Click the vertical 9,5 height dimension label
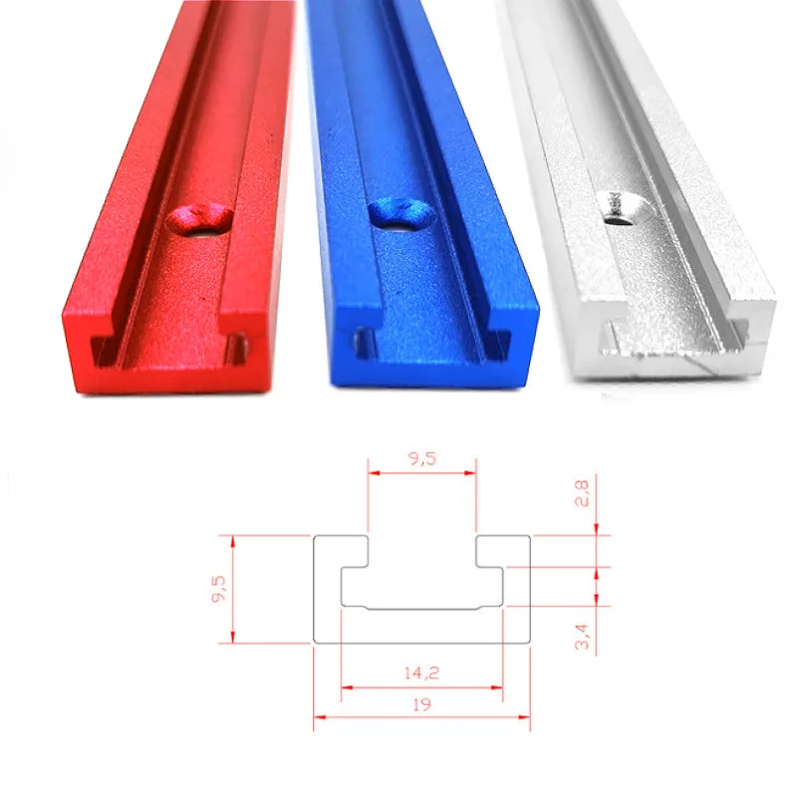tap(218, 589)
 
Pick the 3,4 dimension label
tap(584, 636)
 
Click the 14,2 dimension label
tap(421, 672)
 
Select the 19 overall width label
tap(422, 702)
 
